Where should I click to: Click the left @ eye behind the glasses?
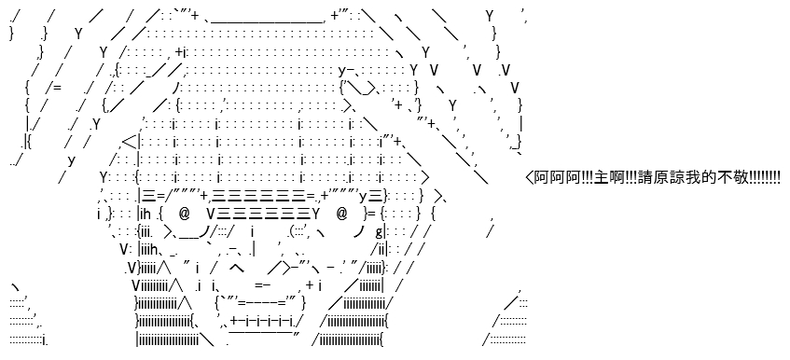pyautogui.click(x=184, y=214)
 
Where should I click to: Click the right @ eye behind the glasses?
pyautogui.click(x=341, y=214)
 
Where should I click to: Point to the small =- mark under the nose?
pyautogui.click(x=262, y=285)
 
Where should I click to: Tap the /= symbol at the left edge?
pyautogui.click(x=53, y=88)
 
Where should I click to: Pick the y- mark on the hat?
pyautogui.click(x=347, y=71)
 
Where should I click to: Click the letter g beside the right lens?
pyautogui.click(x=379, y=232)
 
